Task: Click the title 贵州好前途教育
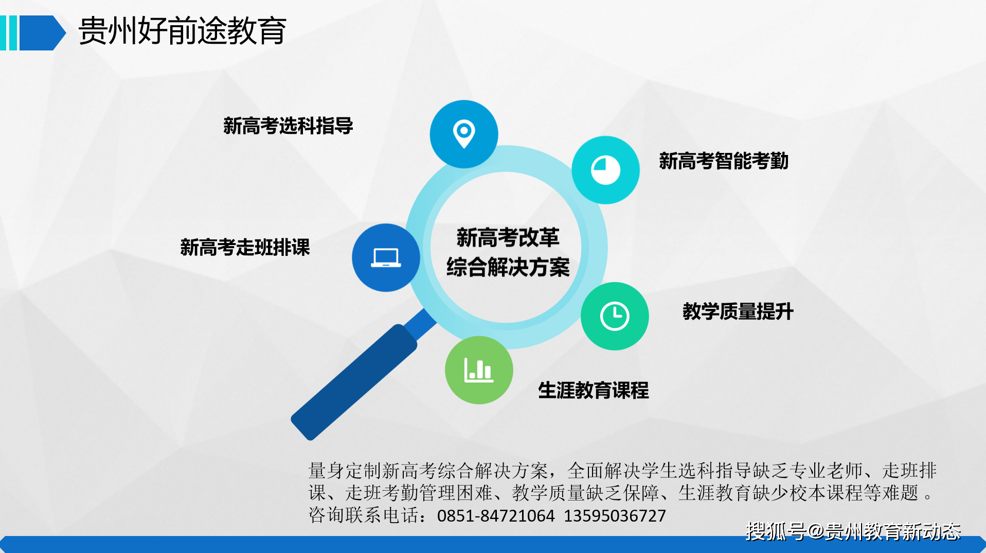(182, 31)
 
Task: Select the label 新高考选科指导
(288, 126)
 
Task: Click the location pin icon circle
(464, 134)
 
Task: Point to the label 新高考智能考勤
(724, 161)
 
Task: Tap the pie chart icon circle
(605, 170)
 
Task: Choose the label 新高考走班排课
(245, 247)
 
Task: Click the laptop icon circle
(386, 257)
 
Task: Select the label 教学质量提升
(738, 312)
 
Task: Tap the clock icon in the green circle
(615, 316)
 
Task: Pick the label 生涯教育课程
(594, 390)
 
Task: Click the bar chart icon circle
(479, 370)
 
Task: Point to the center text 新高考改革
(508, 237)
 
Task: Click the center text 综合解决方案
(508, 267)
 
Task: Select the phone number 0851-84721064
(496, 515)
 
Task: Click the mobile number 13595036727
(615, 515)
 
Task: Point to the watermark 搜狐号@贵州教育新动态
(853, 531)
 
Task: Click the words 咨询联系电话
(363, 515)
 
